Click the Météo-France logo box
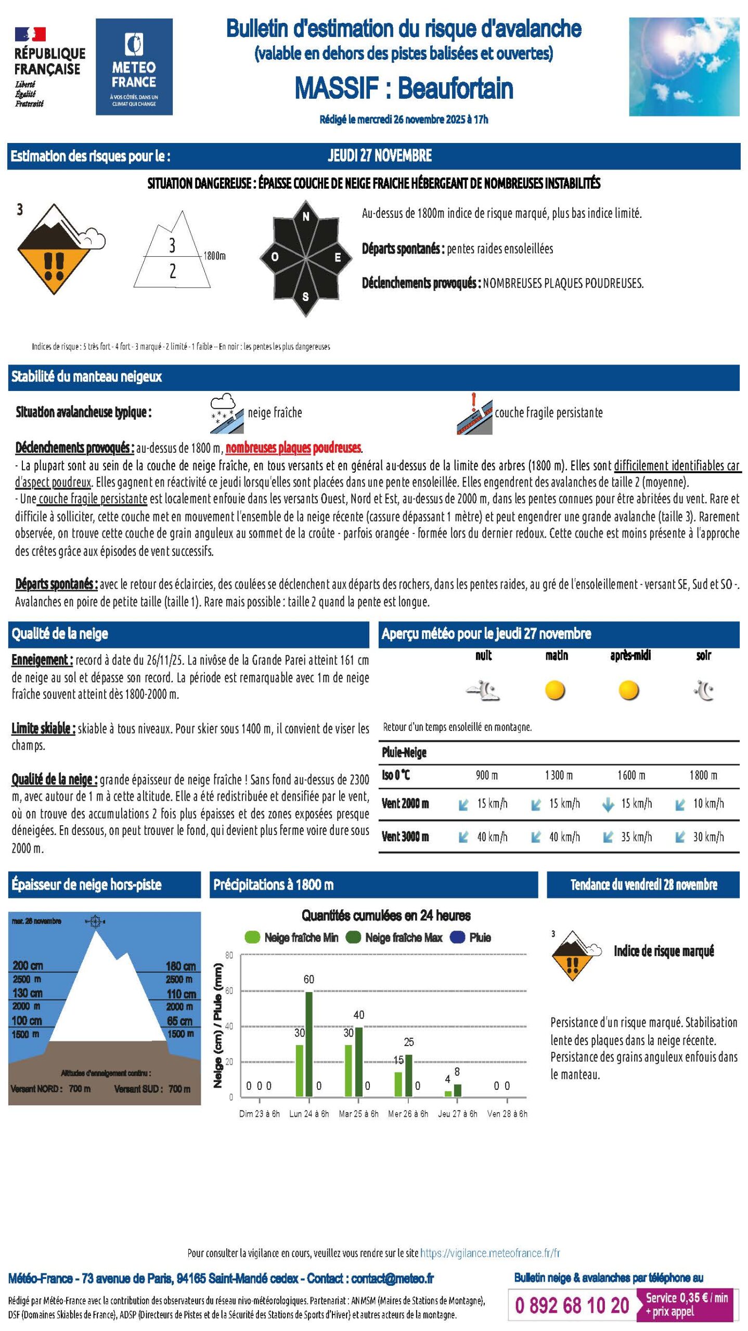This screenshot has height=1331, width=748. point(134,67)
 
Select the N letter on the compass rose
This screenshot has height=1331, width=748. point(306,217)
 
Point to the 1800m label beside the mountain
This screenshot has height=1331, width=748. point(214,256)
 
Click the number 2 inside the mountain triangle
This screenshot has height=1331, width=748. point(173,271)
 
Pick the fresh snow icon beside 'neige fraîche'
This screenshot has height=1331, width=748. point(226,413)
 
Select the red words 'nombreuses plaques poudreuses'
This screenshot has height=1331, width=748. point(293,448)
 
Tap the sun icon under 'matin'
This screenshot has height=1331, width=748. point(555,690)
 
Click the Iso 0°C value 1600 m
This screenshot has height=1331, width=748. point(631,775)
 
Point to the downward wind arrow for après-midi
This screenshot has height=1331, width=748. point(608,805)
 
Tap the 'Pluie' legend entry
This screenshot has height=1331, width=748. point(471,937)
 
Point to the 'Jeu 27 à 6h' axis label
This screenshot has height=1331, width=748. point(457,1114)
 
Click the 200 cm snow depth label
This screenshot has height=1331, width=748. point(28,965)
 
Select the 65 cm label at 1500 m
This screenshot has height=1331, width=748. point(179,1021)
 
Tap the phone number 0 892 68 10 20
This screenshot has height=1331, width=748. point(572,1305)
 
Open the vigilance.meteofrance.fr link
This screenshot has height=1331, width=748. point(489,1253)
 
